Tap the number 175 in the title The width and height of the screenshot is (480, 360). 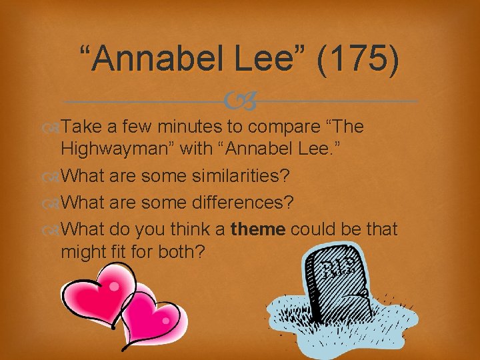(360, 61)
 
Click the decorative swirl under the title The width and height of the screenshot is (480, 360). (240, 102)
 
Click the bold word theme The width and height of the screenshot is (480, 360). (258, 229)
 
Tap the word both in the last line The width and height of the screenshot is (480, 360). (189, 253)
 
